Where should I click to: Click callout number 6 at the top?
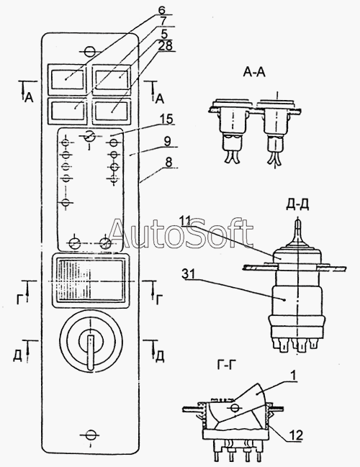[161, 10]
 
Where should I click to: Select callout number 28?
[165, 46]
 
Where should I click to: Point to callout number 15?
[166, 119]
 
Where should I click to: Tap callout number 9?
[167, 142]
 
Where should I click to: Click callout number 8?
[168, 163]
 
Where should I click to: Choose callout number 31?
[188, 275]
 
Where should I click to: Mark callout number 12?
[296, 435]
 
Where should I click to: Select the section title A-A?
[254, 72]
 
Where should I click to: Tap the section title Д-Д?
[297, 205]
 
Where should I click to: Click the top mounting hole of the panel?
[89, 52]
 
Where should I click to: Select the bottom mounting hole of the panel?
[89, 435]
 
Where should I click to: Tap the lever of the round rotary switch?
[90, 352]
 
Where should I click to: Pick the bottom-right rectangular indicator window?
[112, 112]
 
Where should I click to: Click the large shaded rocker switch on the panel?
[91, 280]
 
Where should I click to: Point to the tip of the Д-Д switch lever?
[298, 220]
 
